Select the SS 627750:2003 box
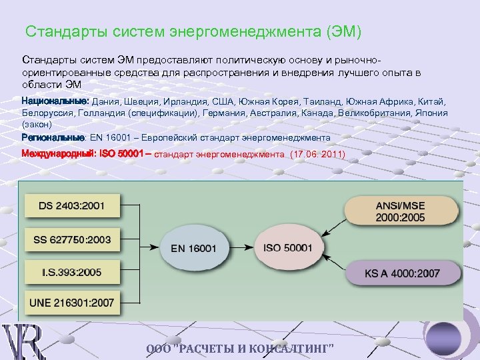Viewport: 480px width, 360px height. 71,239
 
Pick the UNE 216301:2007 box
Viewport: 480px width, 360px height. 72,303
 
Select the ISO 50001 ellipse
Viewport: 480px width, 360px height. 288,247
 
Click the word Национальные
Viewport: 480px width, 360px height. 55,100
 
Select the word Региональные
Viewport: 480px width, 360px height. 53,137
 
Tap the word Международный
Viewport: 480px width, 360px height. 59,153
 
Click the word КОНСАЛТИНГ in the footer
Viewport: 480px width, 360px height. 291,351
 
